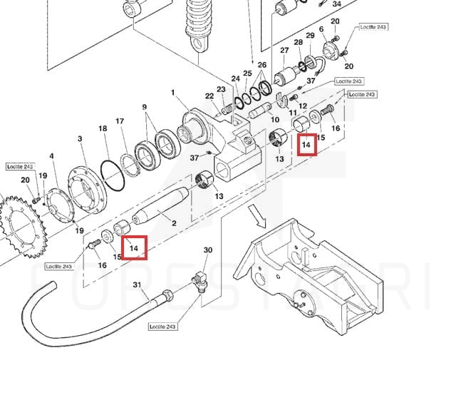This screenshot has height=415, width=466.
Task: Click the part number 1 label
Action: coord(173,93)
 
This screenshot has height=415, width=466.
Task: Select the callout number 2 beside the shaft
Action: coord(173,223)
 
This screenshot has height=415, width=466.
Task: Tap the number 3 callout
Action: coord(80,139)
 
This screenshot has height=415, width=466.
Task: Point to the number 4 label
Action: coord(51,156)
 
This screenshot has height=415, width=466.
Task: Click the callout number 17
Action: coord(120,122)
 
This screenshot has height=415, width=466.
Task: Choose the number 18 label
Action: coord(103,128)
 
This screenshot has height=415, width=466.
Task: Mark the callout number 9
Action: coord(145,108)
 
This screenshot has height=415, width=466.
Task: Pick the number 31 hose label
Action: coord(137,285)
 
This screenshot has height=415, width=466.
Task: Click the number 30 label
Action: coord(208,250)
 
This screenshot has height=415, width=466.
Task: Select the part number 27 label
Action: coord(284,51)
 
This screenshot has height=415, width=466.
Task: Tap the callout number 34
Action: coord(337,4)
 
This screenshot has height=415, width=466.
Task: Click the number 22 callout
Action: coord(209,96)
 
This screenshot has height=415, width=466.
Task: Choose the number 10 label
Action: coord(275,120)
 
